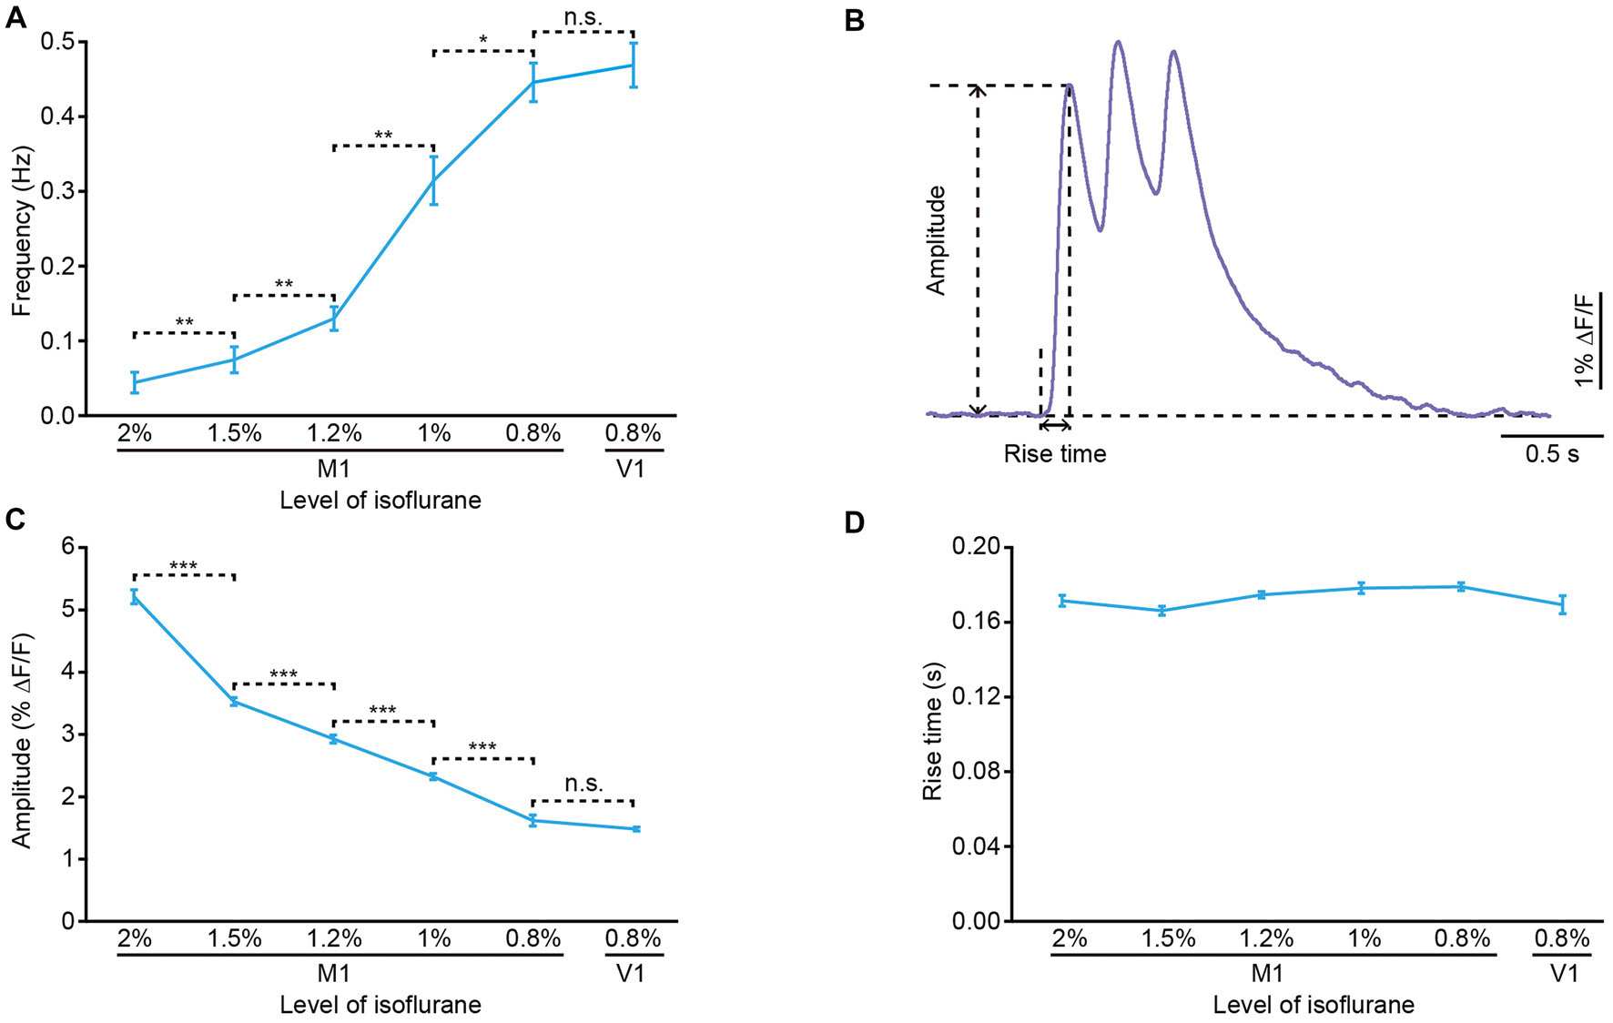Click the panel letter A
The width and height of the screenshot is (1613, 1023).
coord(15,17)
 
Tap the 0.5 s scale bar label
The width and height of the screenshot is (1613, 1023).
coord(1551,453)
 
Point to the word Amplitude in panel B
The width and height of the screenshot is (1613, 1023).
coord(936,241)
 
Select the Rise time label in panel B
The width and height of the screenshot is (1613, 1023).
coord(1054,453)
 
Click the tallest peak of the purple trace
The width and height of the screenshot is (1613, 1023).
coord(1118,42)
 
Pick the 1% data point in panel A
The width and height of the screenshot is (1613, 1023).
coord(434,180)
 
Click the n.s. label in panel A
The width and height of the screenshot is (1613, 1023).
coord(583,17)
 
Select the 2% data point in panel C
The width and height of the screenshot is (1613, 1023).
coord(135,597)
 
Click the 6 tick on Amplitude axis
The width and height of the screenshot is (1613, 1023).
coord(67,547)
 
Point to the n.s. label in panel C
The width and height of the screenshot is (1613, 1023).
coord(583,784)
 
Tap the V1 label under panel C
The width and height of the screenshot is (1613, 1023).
coord(631,973)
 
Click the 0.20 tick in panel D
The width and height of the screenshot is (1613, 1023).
coord(976,547)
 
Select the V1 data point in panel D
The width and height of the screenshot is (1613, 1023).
coord(1563,604)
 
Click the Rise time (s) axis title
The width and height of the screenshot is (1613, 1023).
coord(932,731)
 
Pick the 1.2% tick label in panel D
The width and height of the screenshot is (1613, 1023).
coord(1266,938)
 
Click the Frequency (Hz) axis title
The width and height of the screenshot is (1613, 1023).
coord(21,230)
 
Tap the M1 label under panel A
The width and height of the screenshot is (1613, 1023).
coord(334,468)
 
